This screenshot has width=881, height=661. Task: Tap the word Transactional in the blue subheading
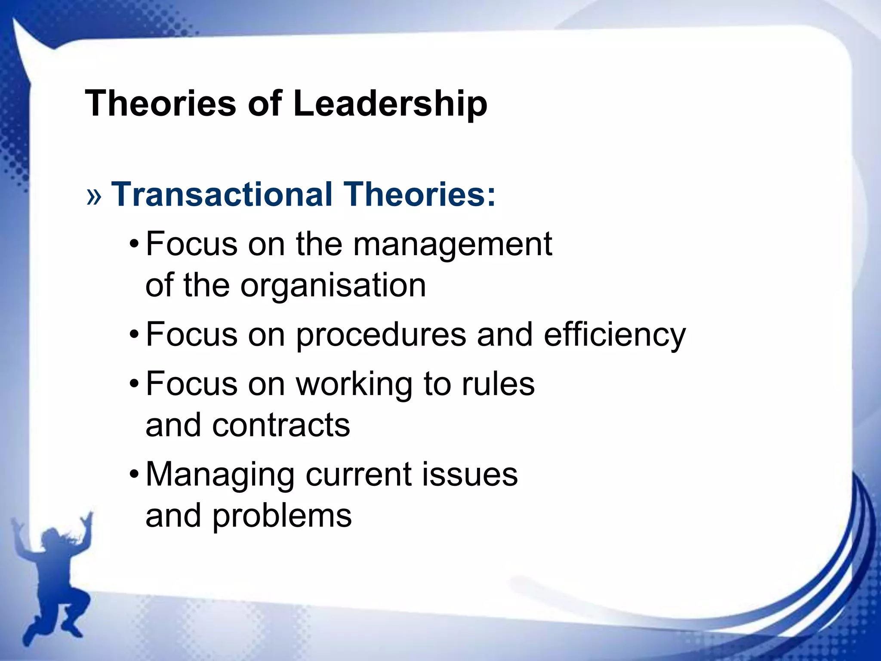222,195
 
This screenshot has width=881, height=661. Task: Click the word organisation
333,286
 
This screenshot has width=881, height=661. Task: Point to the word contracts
281,425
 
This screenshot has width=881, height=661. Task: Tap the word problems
282,516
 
